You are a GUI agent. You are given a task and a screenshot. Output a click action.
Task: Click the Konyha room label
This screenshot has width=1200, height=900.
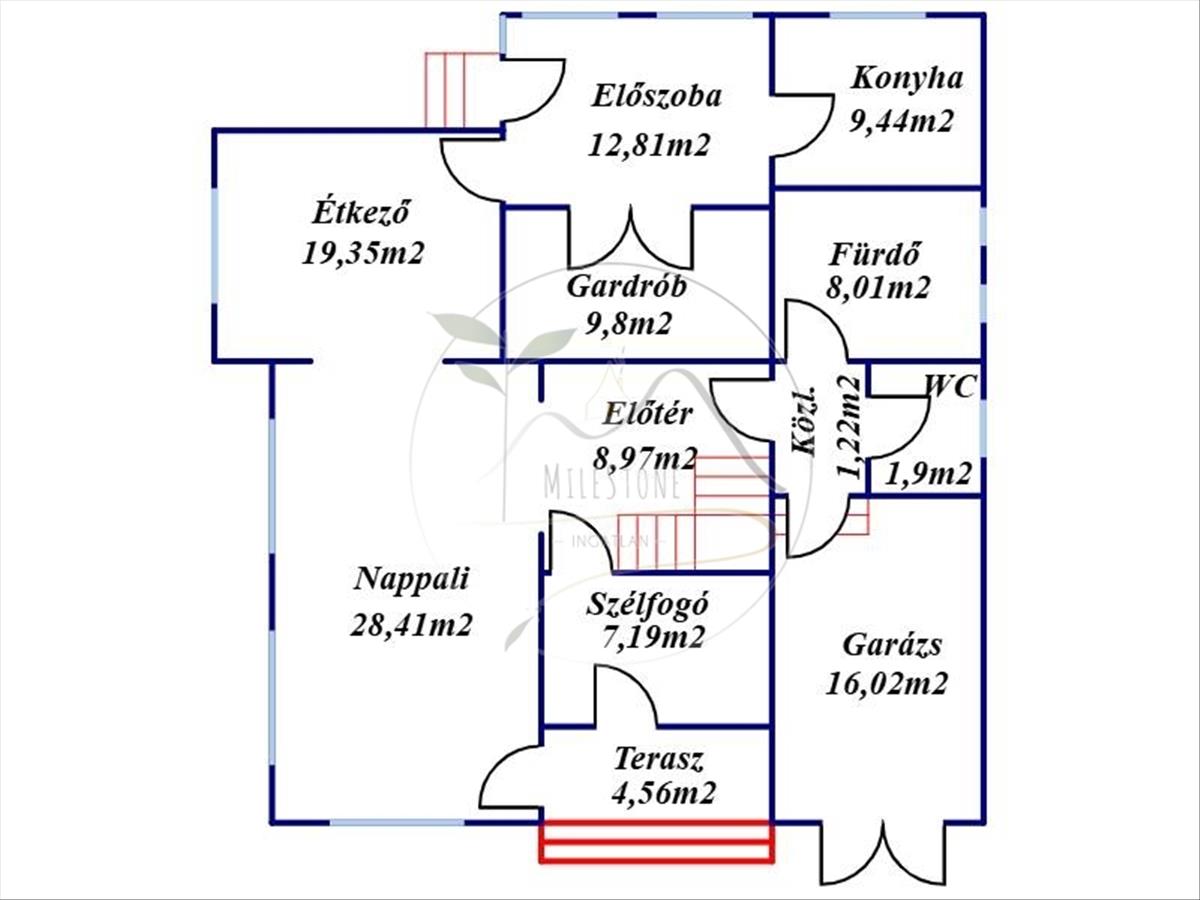906,79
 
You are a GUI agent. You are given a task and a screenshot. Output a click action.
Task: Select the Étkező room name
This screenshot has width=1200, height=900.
362,213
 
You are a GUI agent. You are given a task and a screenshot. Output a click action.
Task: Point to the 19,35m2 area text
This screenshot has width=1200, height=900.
363,252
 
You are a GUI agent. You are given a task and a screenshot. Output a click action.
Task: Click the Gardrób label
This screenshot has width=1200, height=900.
626,287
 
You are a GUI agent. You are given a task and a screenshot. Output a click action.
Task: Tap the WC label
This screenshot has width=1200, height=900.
949,387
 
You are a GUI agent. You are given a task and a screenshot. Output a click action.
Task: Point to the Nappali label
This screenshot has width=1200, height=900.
412,579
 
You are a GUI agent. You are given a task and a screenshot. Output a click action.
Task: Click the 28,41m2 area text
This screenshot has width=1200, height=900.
411,626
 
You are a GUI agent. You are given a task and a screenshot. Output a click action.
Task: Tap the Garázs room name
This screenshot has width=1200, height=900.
891,644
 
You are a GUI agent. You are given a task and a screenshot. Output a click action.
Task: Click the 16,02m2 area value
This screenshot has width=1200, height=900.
887,683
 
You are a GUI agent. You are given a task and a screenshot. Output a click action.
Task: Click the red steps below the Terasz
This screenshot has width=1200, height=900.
657,841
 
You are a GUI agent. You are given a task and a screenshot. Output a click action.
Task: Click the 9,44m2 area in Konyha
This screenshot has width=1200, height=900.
901,121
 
